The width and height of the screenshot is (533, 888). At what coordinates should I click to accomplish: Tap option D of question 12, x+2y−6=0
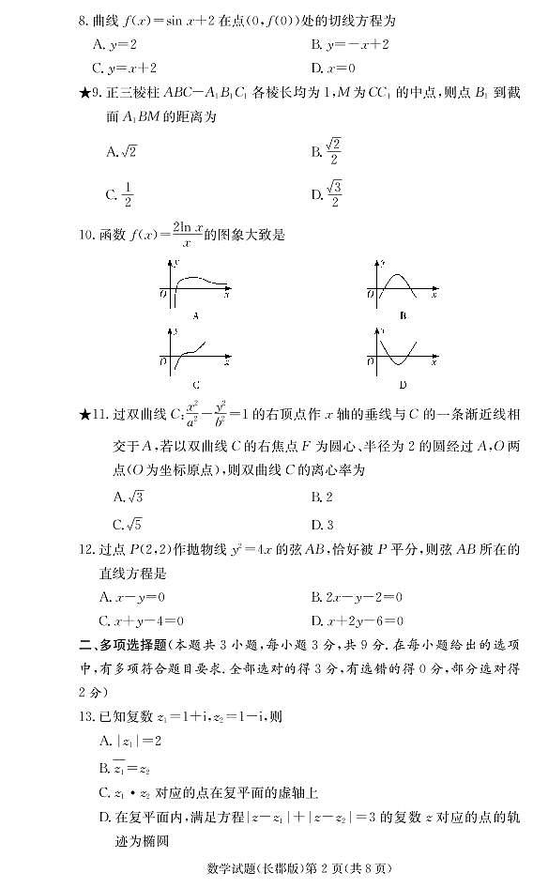357,620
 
